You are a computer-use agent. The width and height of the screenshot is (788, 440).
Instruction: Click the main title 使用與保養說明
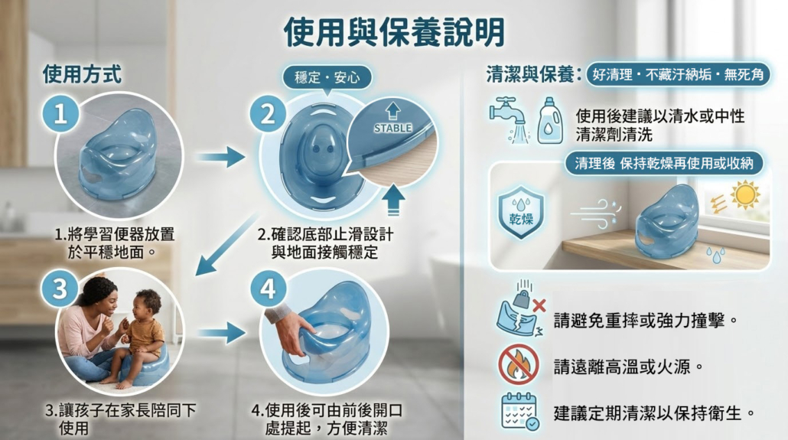pos(394,31)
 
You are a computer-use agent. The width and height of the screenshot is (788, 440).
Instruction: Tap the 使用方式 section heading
pos(82,74)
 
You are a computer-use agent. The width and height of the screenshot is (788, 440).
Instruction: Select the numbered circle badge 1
pos(60,113)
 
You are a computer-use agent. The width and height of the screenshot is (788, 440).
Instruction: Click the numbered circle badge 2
pos(268,114)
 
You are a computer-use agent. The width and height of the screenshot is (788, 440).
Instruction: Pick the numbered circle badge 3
pos(60,289)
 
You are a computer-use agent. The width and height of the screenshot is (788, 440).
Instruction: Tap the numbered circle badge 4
pos(268,289)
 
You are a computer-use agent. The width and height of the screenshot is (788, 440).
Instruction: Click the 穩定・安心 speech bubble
pos(327,78)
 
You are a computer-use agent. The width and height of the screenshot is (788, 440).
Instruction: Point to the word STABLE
pos(392,129)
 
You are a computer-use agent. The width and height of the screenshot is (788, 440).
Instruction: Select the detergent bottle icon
pos(550,121)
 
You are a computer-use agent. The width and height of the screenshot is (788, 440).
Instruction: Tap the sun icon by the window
pos(745,195)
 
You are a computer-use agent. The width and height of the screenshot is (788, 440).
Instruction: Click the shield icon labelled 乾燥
pos(521,212)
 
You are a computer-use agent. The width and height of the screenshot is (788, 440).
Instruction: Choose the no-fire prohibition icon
pos(519,365)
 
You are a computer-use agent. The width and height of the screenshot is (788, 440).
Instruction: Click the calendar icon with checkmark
pos(520,412)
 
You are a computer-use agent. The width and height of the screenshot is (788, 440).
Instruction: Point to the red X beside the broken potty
pos(539,305)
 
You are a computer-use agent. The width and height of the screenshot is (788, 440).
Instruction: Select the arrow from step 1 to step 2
pos(220,158)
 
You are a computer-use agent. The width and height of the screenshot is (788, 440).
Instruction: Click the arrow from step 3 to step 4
pos(221,334)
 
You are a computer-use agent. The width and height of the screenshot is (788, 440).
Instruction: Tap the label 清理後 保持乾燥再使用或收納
pos(664,164)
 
